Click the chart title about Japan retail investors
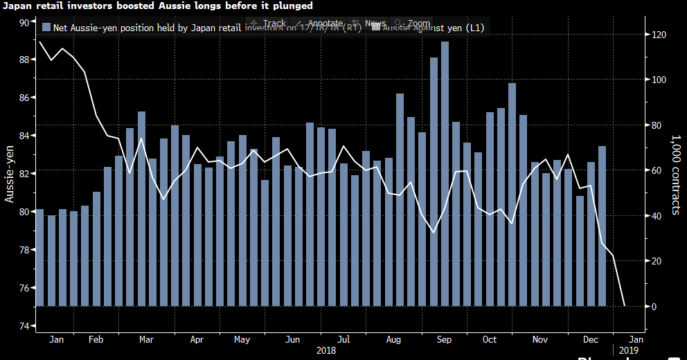(157, 6)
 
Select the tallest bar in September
(445, 173)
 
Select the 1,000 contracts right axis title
(675, 173)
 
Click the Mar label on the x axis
(147, 340)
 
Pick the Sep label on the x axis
(444, 340)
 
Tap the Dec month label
(591, 340)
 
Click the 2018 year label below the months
(326, 351)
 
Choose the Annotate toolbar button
(320, 24)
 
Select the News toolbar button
(371, 24)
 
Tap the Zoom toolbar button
(413, 24)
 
